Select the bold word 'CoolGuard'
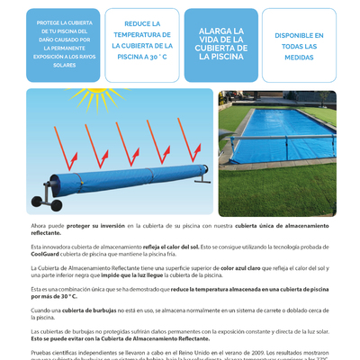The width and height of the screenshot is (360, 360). [x=44, y=254]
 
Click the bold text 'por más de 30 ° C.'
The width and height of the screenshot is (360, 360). [x=53, y=296]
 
